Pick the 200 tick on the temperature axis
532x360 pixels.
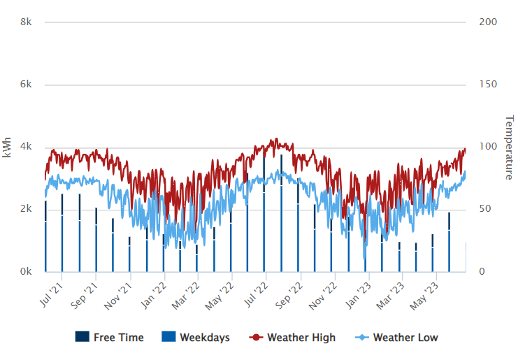pyautogui.click(x=488, y=22)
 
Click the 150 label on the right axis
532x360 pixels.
pyautogui.click(x=488, y=85)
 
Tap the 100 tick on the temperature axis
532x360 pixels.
pyautogui.click(x=488, y=147)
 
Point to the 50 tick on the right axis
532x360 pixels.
pyautogui.click(x=485, y=209)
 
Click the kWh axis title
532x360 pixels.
pyautogui.click(x=8, y=147)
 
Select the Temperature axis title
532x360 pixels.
pyautogui.click(x=509, y=147)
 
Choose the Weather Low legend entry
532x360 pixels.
pyautogui.click(x=405, y=338)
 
